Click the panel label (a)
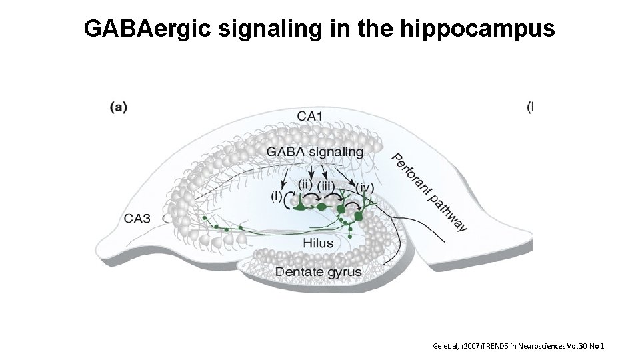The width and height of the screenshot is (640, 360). tap(119, 107)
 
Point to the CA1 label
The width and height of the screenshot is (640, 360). tap(310, 116)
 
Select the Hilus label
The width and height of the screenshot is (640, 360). tap(317, 243)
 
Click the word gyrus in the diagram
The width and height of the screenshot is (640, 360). tap(344, 273)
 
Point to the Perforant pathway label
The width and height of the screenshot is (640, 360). tap(429, 193)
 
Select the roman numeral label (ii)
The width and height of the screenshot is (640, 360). tap(305, 183)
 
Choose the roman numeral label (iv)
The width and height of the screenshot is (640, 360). tap(365, 188)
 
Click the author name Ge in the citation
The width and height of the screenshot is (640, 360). tap(437, 346)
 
